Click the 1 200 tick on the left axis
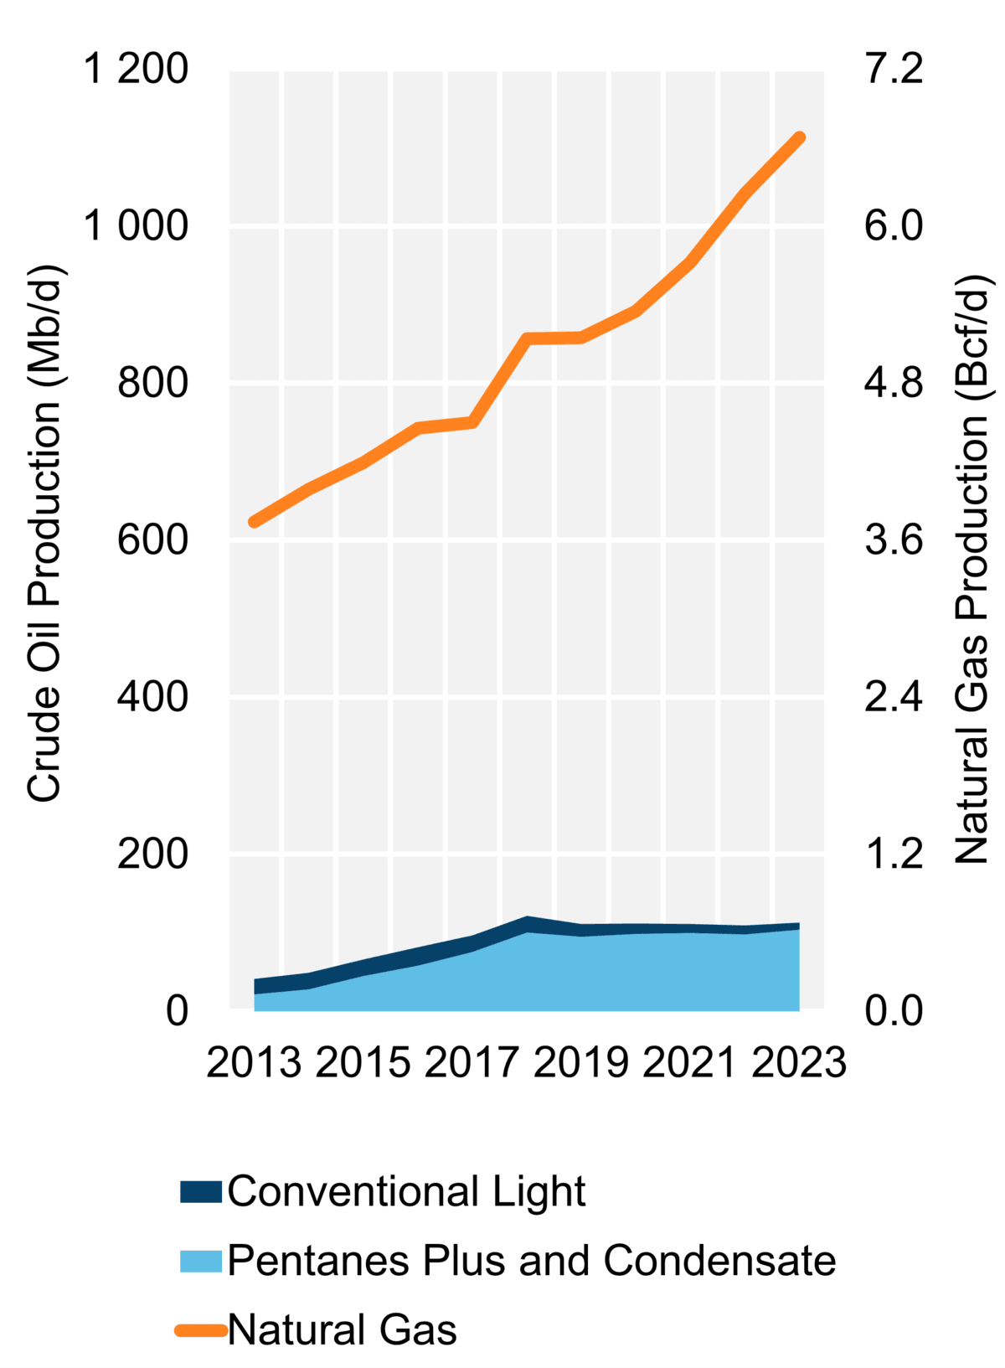[x=136, y=70]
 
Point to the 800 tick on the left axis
[x=152, y=384]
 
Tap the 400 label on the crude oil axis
[x=152, y=697]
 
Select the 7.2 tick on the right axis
[x=893, y=70]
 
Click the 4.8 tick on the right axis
[x=893, y=384]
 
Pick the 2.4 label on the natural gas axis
[x=893, y=697]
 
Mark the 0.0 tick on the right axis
[x=893, y=1011]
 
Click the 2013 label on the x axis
[x=254, y=1063]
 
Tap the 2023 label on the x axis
[x=799, y=1063]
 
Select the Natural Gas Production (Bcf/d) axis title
[x=972, y=570]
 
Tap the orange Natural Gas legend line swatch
[x=201, y=1330]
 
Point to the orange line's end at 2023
[x=800, y=138]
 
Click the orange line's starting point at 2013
[x=254, y=522]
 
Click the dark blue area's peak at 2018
[x=527, y=921]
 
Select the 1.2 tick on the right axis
[x=893, y=854]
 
